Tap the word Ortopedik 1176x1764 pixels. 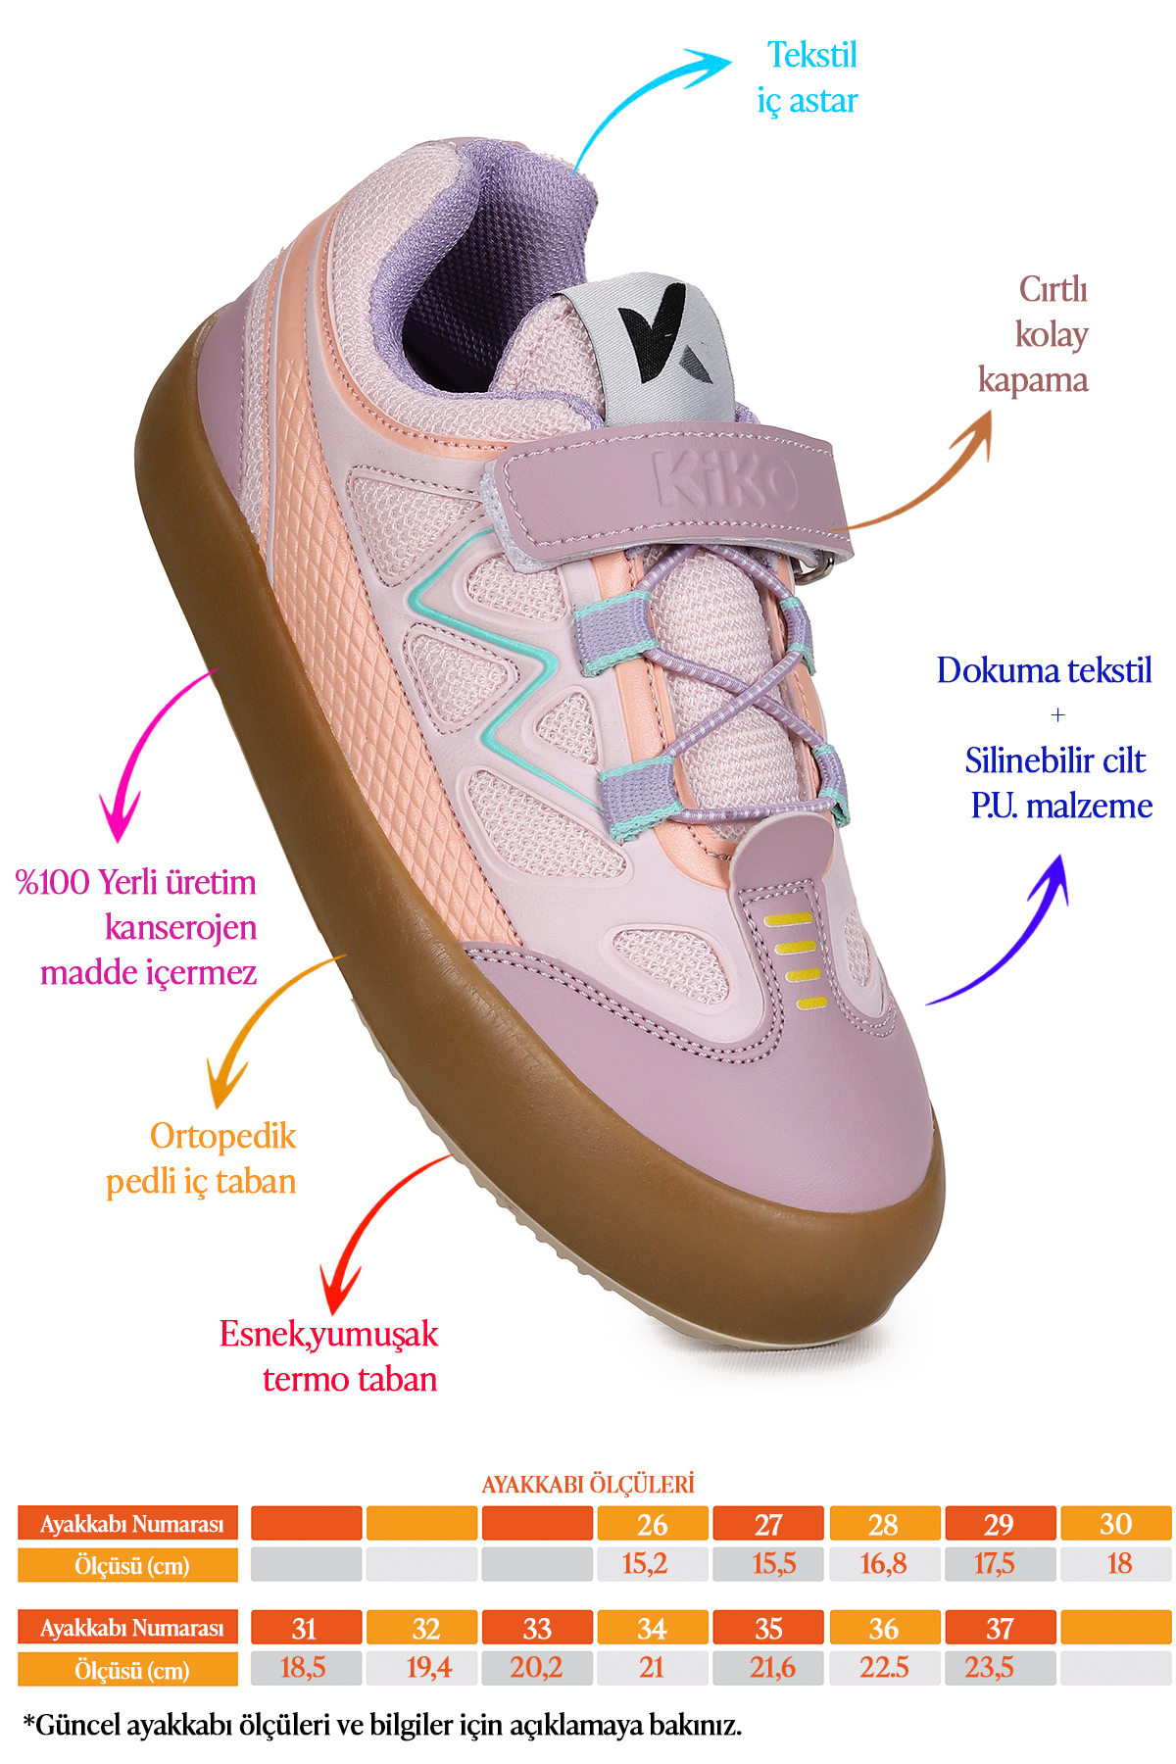coord(222,1136)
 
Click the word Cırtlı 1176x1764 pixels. coord(1053,289)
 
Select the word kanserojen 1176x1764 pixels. coord(180,927)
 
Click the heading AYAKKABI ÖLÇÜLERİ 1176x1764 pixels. coord(588,1484)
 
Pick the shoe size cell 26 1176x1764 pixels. coord(653,1524)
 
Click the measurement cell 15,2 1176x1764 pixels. coord(645,1564)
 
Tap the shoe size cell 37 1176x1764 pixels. coord(1000,1628)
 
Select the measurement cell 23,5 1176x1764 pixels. coord(989,1667)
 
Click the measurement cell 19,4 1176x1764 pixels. coord(429,1667)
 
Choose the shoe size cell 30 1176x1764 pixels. coord(1115,1524)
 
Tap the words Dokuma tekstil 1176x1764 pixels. coord(1044,670)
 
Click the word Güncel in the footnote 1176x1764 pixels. coord(78,1726)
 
